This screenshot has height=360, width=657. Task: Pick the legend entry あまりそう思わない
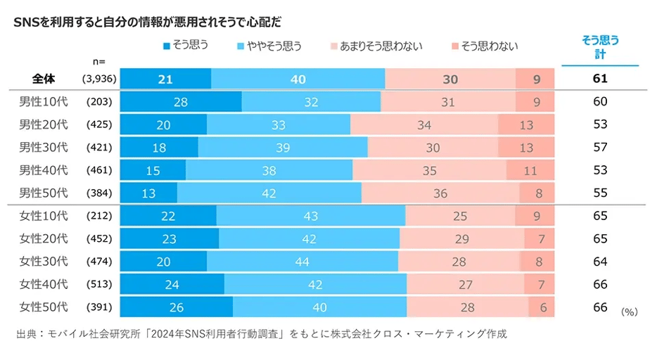click(376, 46)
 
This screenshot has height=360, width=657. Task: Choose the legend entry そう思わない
click(485, 46)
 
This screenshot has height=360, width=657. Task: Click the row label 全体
click(44, 79)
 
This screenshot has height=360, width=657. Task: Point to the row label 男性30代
click(44, 147)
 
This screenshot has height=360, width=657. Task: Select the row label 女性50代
click(44, 307)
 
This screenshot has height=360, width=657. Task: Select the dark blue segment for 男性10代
click(181, 101)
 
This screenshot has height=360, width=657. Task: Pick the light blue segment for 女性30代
click(302, 262)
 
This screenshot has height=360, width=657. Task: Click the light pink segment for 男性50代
click(440, 193)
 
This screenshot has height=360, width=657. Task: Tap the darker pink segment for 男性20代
click(526, 124)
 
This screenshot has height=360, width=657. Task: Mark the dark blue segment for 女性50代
click(176, 307)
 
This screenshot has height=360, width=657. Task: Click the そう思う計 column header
click(600, 46)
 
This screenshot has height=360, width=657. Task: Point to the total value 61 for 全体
click(600, 79)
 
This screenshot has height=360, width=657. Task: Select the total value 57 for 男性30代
click(600, 147)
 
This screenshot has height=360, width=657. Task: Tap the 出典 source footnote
click(261, 334)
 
